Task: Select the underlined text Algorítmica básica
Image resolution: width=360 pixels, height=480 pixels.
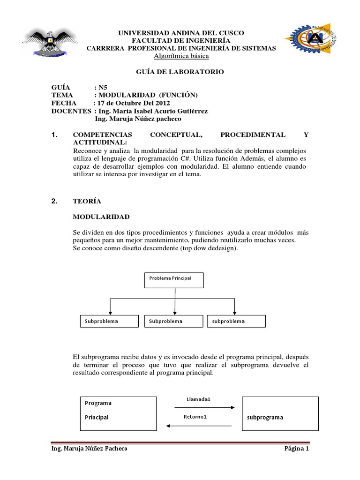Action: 181,56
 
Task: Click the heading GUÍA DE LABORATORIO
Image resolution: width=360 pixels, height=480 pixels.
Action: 180,72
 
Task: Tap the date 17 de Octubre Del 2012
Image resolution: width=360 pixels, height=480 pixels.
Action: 134,103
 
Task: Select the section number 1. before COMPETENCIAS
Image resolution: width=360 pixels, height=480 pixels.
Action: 54,135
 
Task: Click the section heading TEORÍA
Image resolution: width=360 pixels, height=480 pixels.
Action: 87,202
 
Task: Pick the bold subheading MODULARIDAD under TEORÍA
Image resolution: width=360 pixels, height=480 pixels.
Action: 101,217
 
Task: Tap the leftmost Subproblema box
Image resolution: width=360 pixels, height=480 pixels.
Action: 110,322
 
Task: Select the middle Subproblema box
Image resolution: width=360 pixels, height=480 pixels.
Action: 174,322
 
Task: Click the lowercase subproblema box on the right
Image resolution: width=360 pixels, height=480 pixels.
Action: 236,322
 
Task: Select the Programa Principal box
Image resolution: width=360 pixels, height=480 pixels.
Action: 117,413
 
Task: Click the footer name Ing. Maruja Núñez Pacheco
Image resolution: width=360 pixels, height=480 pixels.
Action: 89,449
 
